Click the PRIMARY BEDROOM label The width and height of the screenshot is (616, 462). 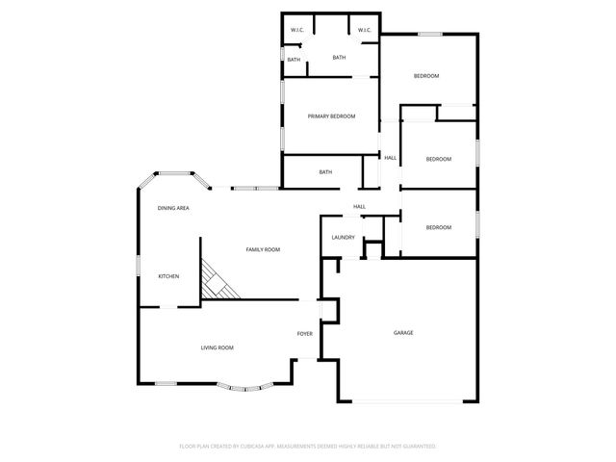coord(331,116)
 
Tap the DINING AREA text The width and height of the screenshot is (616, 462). coord(173,208)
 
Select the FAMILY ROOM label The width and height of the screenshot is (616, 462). coord(263,249)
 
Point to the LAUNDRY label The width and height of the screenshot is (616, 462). coord(343,238)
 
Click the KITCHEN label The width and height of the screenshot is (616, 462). coord(168,276)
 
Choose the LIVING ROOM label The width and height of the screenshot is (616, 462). coord(217,347)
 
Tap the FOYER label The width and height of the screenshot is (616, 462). coord(304,334)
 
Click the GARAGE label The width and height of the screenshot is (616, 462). coord(403,333)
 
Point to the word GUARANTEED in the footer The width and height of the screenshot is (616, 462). coord(416,447)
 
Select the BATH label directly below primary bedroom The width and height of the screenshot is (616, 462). coord(325,172)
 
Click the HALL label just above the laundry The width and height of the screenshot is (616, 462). coord(359,206)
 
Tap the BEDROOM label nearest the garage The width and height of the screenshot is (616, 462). coord(438,227)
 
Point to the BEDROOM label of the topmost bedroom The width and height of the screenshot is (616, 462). coord(426,76)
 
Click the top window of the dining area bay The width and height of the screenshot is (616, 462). coord(174,173)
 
